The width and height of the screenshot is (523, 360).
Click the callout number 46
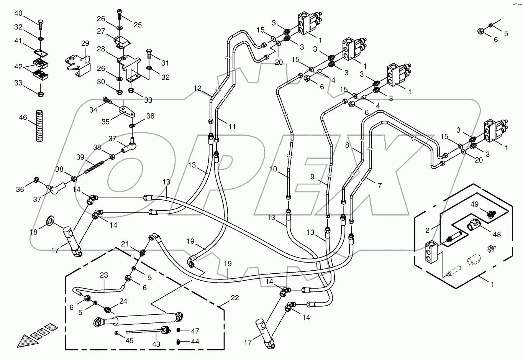point(23,117)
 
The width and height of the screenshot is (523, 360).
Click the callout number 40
point(18,13)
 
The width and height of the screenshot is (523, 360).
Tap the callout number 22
point(234,298)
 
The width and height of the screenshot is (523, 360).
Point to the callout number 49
point(474,204)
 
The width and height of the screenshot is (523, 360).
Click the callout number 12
point(197,88)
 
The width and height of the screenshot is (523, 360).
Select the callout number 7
point(379,186)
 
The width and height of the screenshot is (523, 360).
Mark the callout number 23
point(104,275)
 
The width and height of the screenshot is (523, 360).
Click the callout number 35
point(105,122)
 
